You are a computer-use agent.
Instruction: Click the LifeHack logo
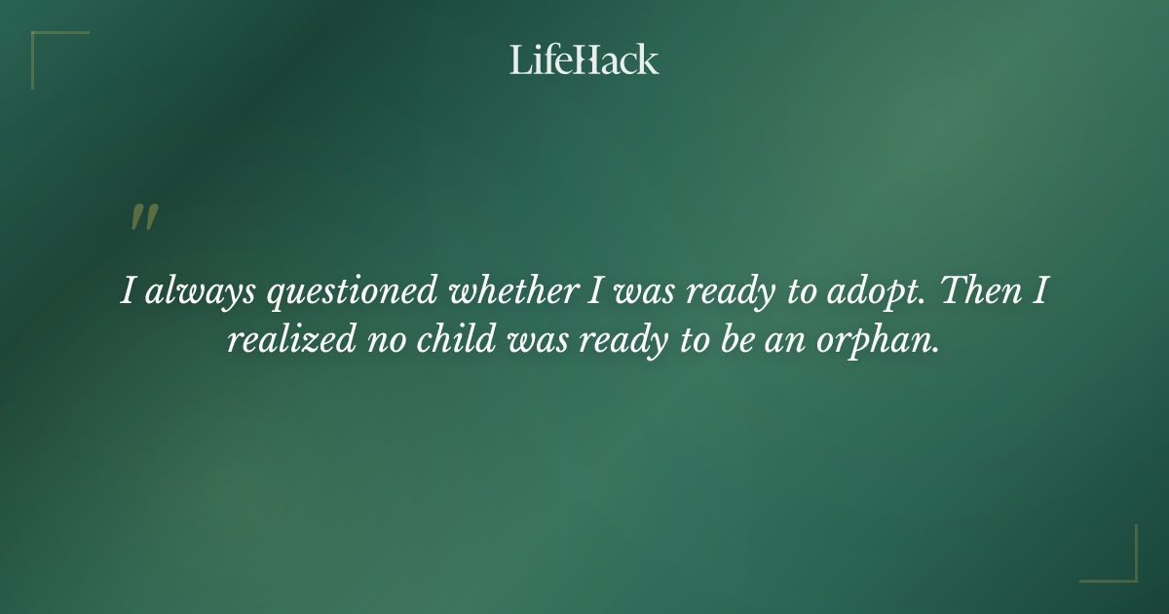click(584, 59)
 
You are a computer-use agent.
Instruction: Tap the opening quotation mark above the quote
click(143, 218)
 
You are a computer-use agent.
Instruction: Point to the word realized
click(287, 342)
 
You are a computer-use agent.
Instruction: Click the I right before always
click(128, 292)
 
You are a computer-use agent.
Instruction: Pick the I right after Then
click(1040, 292)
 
